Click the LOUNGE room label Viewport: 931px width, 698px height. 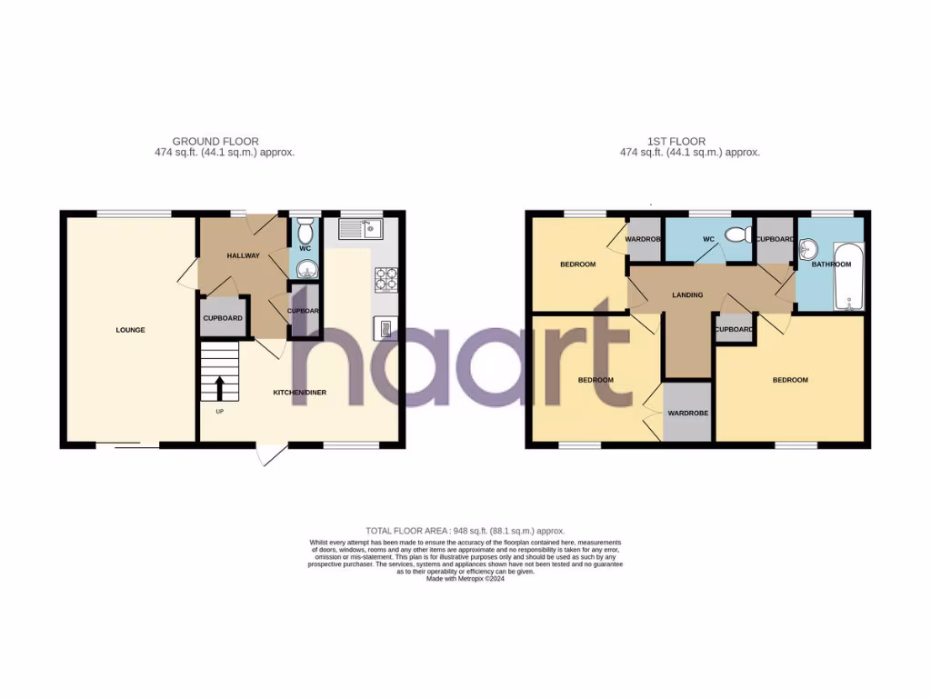pyautogui.click(x=130, y=330)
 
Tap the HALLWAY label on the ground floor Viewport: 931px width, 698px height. pyautogui.click(x=244, y=255)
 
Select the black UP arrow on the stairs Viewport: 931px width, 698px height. pyautogui.click(x=219, y=389)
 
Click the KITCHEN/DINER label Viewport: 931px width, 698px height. pyautogui.click(x=300, y=393)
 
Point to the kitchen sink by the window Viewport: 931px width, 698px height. pyautogui.click(x=362, y=228)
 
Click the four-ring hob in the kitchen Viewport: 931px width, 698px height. pyautogui.click(x=385, y=279)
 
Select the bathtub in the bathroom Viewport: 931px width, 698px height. pyautogui.click(x=852, y=277)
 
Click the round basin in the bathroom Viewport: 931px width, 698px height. pyautogui.click(x=811, y=249)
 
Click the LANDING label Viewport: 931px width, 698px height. pyautogui.click(x=687, y=295)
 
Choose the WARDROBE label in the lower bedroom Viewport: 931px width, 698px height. pyautogui.click(x=688, y=413)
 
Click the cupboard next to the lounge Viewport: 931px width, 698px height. pyautogui.click(x=223, y=318)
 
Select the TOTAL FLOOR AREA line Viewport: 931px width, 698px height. pyautogui.click(x=465, y=531)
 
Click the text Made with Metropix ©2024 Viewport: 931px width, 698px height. pyautogui.click(x=465, y=579)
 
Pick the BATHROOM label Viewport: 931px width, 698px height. pyautogui.click(x=832, y=264)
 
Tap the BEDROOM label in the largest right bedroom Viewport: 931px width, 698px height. pyautogui.click(x=790, y=380)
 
